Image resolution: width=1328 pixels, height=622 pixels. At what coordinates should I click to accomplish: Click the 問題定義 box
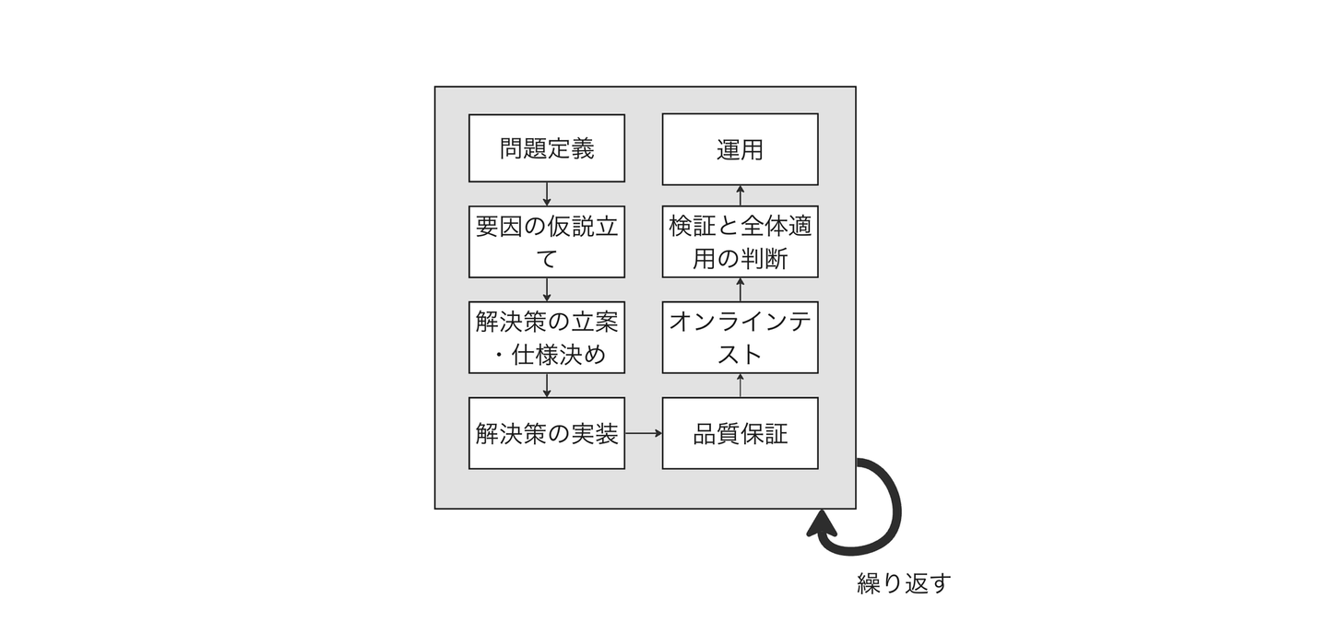tap(547, 148)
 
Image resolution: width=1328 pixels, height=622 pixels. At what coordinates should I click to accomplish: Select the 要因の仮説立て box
tap(547, 241)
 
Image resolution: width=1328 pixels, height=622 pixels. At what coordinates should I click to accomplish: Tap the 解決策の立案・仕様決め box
tap(547, 337)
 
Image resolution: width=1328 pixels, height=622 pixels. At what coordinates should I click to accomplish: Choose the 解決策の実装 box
tap(547, 433)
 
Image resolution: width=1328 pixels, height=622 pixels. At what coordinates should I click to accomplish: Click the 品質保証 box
tap(740, 433)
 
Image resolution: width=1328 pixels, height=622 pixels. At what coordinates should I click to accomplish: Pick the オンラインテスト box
tap(740, 337)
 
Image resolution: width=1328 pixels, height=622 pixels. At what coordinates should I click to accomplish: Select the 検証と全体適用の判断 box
tap(740, 241)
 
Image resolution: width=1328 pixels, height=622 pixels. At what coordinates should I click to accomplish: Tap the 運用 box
tap(740, 148)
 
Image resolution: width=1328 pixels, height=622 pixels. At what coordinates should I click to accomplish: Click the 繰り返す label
tap(903, 583)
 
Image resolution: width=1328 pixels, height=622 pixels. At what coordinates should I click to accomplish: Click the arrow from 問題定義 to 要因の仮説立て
tap(547, 194)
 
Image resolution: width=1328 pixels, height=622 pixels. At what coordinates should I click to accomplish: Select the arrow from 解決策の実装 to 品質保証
tap(644, 433)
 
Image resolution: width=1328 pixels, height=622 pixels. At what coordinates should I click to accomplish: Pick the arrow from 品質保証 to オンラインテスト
tap(740, 385)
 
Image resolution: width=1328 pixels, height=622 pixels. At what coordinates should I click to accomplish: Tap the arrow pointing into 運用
tap(740, 194)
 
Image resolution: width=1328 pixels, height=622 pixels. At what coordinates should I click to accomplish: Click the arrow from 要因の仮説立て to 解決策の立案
tap(547, 289)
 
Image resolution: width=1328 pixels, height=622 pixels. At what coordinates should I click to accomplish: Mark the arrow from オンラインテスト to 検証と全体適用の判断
tap(740, 289)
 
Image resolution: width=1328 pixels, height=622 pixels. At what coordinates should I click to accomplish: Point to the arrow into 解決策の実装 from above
tap(547, 385)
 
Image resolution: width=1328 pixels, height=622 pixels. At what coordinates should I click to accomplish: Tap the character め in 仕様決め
tap(596, 355)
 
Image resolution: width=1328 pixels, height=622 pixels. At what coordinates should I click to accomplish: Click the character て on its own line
tap(547, 259)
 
